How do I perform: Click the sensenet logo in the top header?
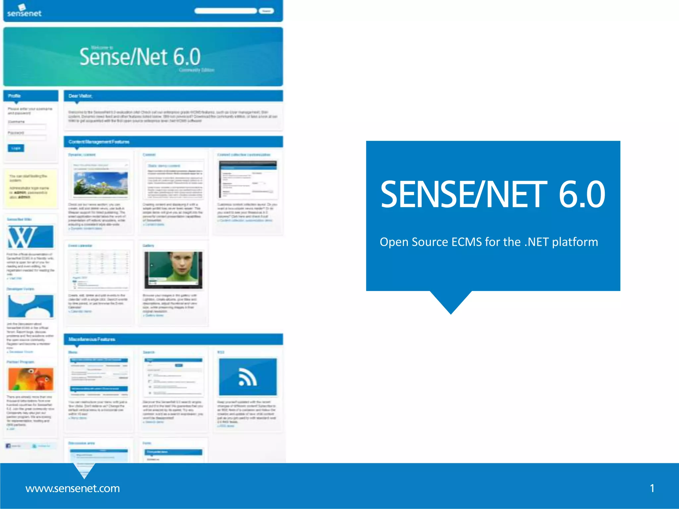coord(24,11)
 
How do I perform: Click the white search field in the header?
coord(225,11)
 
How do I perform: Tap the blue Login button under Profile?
coord(16,148)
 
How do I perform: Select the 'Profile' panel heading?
coord(14,96)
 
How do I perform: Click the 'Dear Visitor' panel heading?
coord(80,96)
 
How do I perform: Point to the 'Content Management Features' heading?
coord(99,142)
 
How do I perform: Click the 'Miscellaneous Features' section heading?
coord(92,339)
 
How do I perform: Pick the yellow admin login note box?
coord(30,188)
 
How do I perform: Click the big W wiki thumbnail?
coord(30,237)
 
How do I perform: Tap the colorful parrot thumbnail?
coord(31,379)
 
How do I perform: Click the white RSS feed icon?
coord(248,377)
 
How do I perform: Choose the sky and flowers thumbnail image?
coord(100,183)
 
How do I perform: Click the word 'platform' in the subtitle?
coord(575,242)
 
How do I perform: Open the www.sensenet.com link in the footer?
coord(73,488)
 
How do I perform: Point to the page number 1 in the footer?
coord(652,488)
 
